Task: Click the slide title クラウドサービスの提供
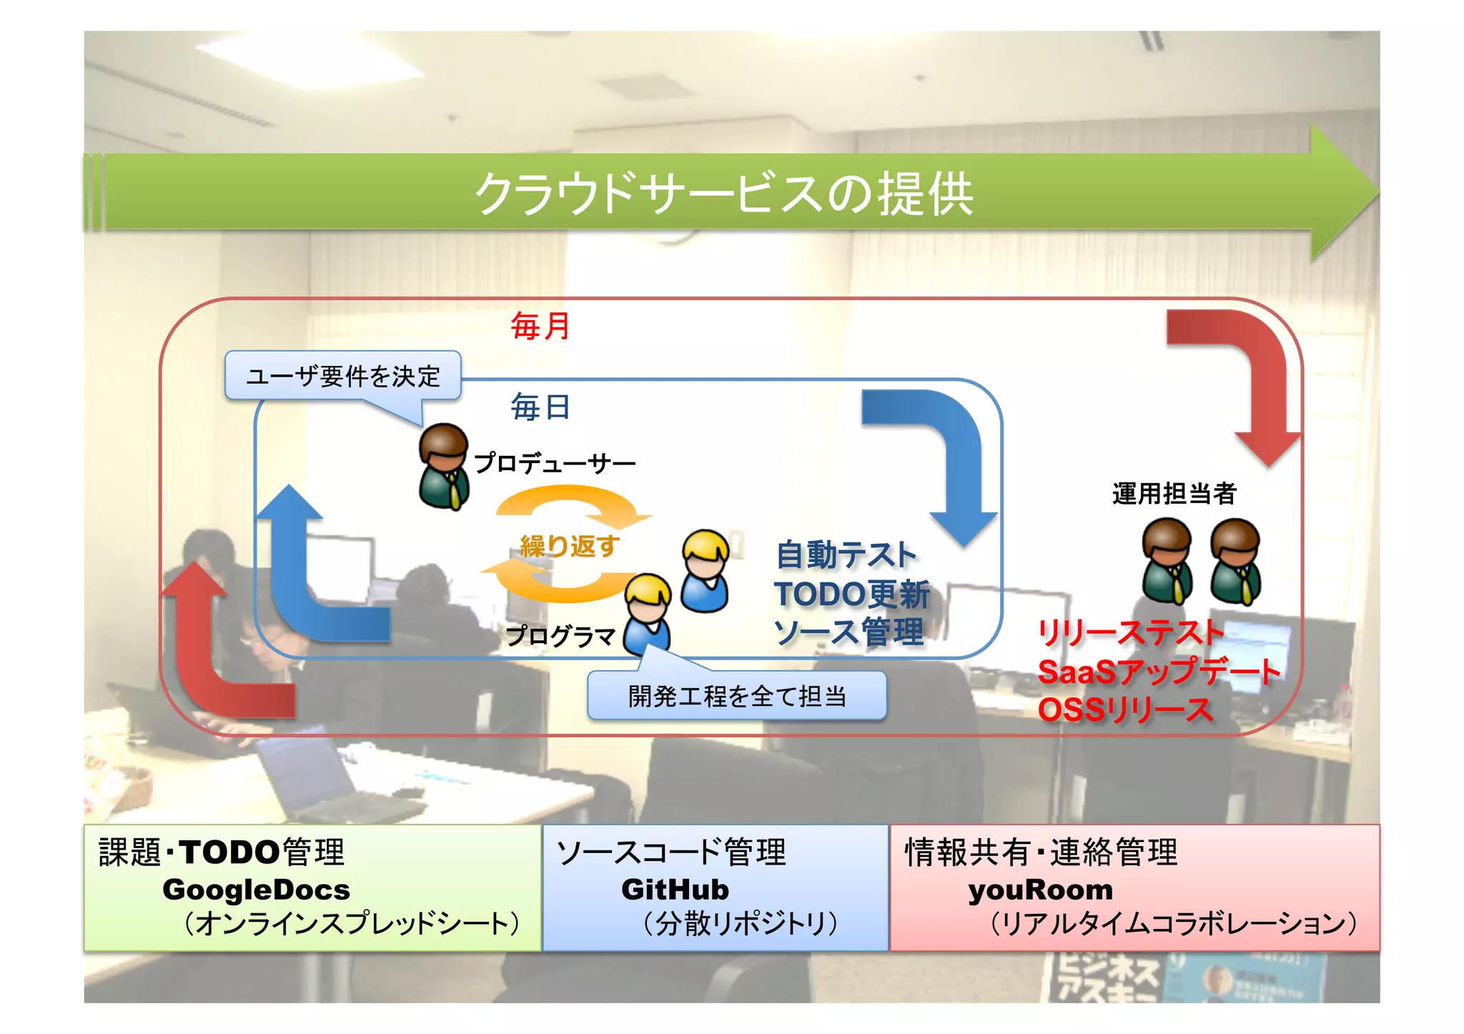pos(723,193)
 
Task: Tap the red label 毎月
pos(540,327)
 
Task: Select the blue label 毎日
pos(540,407)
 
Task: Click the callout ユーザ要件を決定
pos(343,376)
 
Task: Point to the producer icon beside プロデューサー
pos(444,466)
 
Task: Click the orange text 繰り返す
pos(569,546)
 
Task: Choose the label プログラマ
pos(560,635)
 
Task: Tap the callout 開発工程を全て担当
pos(737,695)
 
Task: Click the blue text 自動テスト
pos(846,555)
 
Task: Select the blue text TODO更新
pos(851,594)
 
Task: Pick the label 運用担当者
pos(1174,494)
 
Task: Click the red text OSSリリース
pos(1125,710)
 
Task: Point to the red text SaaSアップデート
pos(1159,672)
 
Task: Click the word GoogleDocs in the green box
pos(256,890)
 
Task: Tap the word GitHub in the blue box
pos(675,890)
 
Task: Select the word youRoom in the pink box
pos(1040,890)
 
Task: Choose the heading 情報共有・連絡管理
pos(1041,852)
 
